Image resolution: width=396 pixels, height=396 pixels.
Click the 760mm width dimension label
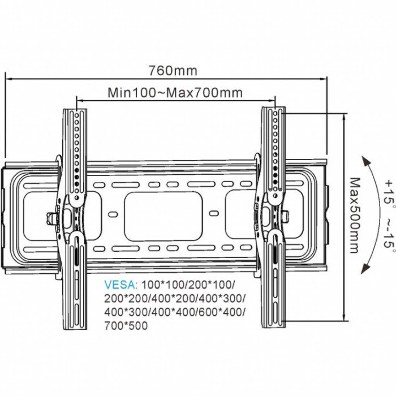(x=173, y=71)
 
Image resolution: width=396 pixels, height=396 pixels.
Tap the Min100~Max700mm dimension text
(x=175, y=92)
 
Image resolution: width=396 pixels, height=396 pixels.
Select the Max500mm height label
(x=355, y=216)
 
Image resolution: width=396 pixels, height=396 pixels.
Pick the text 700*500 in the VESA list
(x=126, y=326)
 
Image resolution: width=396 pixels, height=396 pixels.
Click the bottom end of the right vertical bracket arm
(x=275, y=324)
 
